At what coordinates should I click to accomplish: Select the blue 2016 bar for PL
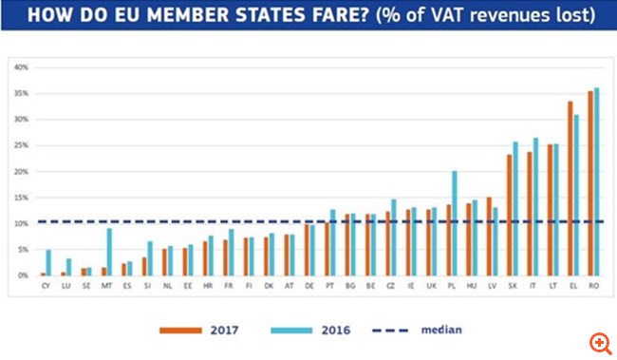point(455,223)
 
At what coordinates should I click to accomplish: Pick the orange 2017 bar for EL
point(570,188)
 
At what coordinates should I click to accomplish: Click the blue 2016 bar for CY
point(48,262)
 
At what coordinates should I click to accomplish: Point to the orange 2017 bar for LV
point(489,237)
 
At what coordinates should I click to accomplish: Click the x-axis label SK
point(513,284)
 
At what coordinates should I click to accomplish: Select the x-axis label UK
point(432,284)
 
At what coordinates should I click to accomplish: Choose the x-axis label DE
point(309,284)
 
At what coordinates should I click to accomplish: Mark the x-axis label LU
point(65,284)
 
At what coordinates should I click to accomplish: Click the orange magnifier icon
point(600,342)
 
